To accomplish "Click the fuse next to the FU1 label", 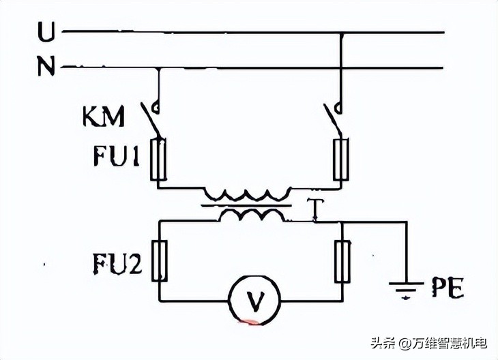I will (x=160, y=159).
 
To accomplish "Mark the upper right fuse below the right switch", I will (x=341, y=159).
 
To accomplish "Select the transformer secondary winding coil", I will (x=249, y=215).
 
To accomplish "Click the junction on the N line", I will (x=159, y=68).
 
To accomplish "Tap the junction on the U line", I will (x=340, y=32).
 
